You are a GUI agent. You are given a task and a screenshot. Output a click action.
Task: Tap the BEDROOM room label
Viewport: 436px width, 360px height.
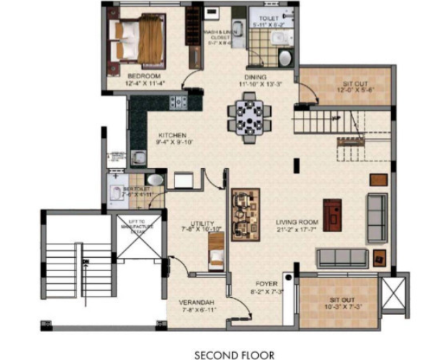(144, 76)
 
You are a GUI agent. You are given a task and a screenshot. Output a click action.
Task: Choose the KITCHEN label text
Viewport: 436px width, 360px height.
(172, 134)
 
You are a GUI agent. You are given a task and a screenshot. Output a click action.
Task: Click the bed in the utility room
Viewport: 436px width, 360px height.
(216, 252)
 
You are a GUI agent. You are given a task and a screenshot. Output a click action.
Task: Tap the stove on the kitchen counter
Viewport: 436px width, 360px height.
(178, 102)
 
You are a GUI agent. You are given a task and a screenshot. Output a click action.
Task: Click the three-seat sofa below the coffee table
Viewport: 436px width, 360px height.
(342, 256)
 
